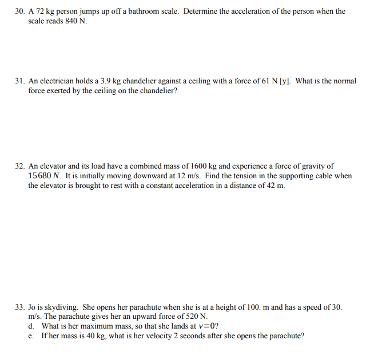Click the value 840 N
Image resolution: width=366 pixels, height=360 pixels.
(74, 21)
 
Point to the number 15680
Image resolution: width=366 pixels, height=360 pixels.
(41, 175)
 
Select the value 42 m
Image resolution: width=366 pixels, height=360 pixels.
(276, 185)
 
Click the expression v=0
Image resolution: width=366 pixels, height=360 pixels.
(205, 326)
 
